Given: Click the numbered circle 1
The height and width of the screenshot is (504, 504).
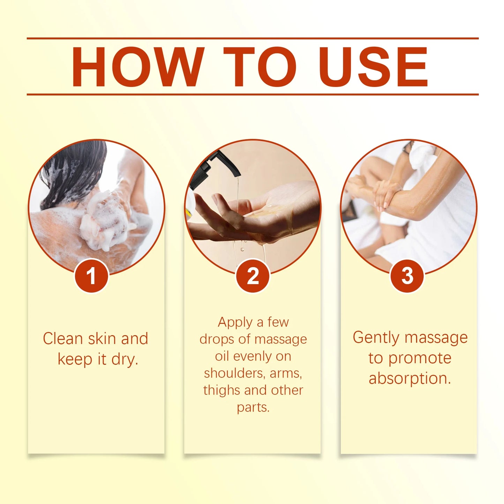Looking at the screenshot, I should [x=91, y=276].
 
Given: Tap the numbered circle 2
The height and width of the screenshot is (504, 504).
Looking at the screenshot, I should [x=253, y=276].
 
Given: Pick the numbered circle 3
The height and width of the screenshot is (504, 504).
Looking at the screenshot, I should [x=407, y=276].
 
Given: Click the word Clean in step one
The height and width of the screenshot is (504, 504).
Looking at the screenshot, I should [x=62, y=339].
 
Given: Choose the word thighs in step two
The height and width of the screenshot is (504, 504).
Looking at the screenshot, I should [x=222, y=390].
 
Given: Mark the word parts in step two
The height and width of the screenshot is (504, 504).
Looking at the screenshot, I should [x=253, y=407].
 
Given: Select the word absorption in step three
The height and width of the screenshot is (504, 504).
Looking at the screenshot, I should [x=409, y=378].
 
